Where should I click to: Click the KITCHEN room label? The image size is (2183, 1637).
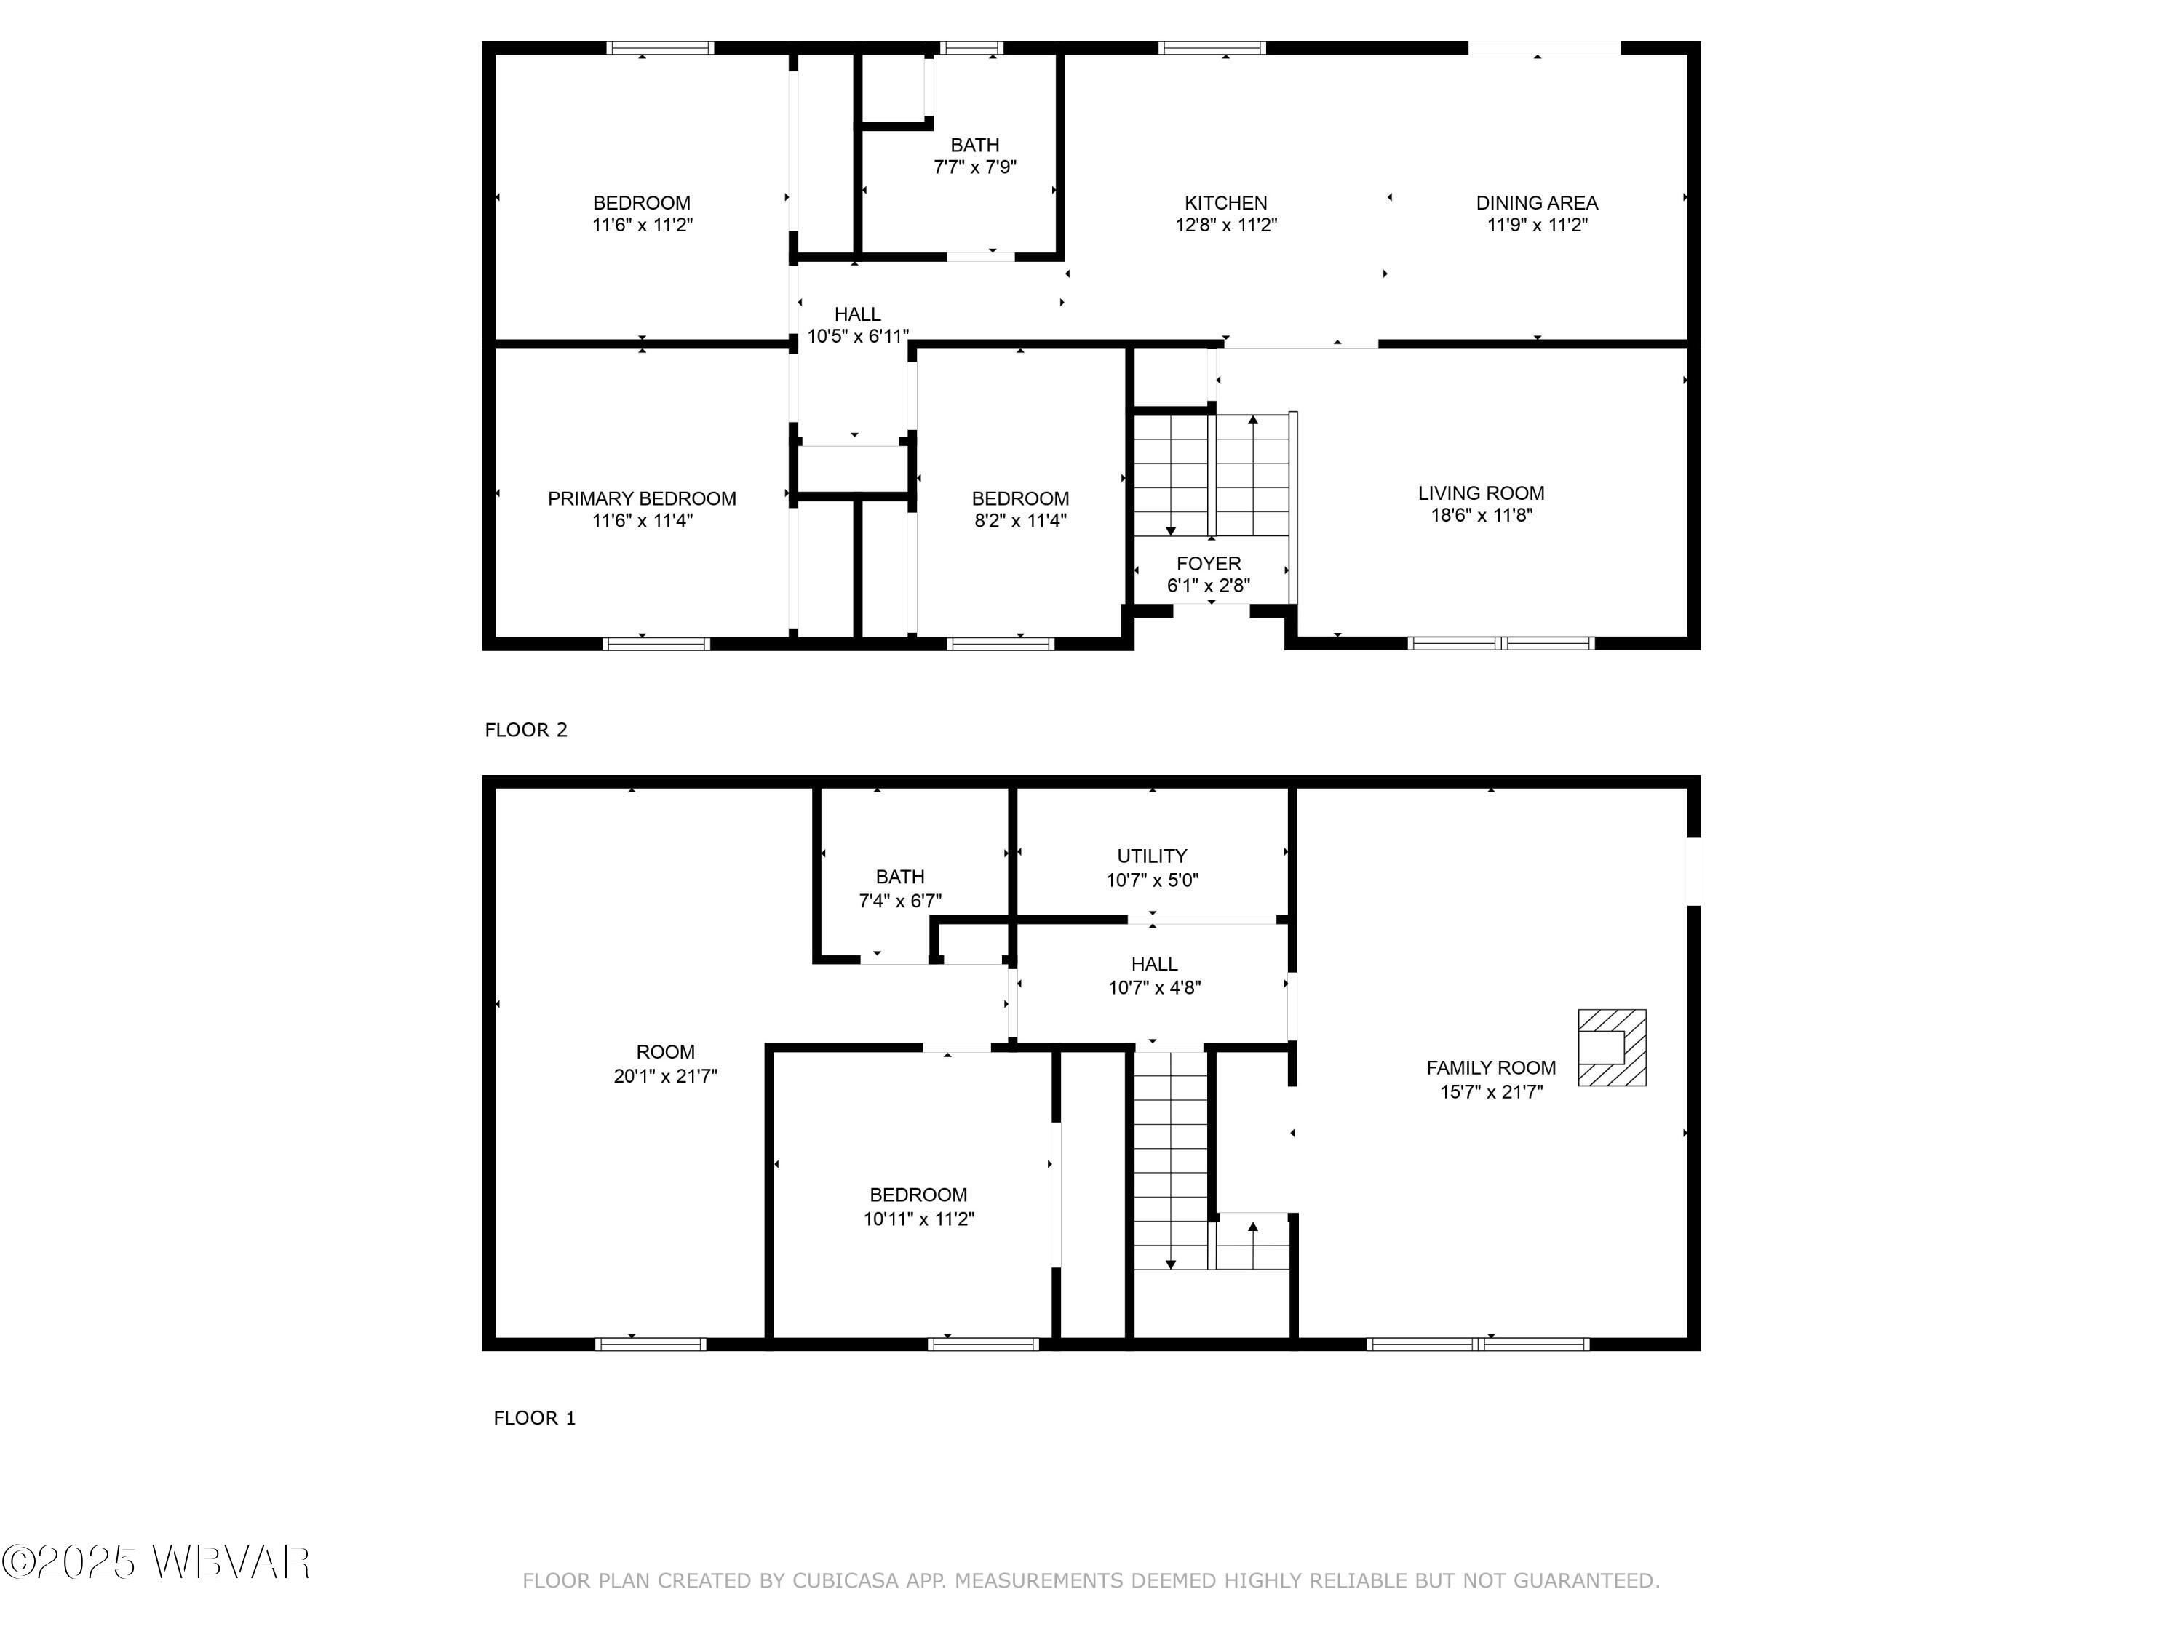pyautogui.click(x=1225, y=202)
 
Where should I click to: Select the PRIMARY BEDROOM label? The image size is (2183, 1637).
pyautogui.click(x=642, y=498)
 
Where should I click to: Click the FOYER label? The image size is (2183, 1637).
pyautogui.click(x=1208, y=563)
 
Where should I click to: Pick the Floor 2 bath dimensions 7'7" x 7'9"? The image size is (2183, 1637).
pyautogui.click(x=974, y=167)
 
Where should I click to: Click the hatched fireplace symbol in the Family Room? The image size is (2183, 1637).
pyautogui.click(x=1612, y=1047)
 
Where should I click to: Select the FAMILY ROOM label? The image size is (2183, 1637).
pyautogui.click(x=1490, y=1067)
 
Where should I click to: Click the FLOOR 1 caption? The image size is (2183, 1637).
pyautogui.click(x=534, y=1418)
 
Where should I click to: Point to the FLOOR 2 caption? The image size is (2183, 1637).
pyautogui.click(x=526, y=730)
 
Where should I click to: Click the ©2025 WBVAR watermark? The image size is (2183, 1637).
pyautogui.click(x=156, y=1562)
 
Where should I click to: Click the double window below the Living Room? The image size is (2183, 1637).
pyautogui.click(x=1500, y=643)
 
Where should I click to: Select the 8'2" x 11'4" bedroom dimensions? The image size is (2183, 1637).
pyautogui.click(x=1019, y=520)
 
